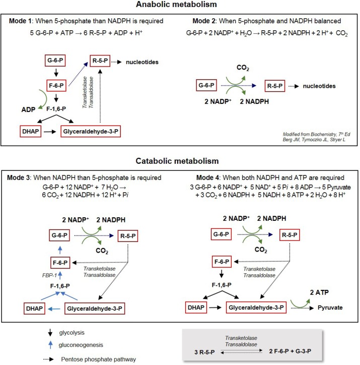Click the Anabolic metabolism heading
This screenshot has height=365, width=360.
(180, 6)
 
